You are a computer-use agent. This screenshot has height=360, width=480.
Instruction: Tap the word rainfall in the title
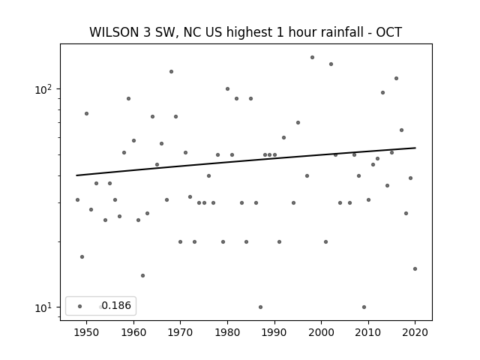tap(343, 32)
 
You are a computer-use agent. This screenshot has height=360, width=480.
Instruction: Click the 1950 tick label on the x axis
tap(86, 332)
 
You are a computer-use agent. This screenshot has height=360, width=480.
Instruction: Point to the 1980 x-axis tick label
tap(227, 332)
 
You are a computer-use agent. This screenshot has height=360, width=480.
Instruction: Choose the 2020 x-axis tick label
tap(415, 332)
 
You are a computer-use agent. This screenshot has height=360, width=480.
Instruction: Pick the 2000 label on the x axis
tap(322, 332)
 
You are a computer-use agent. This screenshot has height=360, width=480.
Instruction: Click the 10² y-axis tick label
tap(43, 89)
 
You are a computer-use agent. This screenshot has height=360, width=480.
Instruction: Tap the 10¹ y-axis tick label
tap(43, 307)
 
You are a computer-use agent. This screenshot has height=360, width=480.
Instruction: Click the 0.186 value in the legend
tap(116, 305)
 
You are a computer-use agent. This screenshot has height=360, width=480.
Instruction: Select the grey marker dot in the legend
tap(80, 306)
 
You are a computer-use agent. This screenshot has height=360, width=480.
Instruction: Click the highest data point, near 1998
tap(312, 57)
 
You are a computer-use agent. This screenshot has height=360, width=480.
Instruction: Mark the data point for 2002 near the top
tap(331, 64)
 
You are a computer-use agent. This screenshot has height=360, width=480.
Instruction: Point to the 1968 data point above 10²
tap(172, 72)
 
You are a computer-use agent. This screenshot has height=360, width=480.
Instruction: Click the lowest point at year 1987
tap(260, 307)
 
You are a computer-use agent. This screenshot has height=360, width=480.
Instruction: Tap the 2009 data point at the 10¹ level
tap(364, 307)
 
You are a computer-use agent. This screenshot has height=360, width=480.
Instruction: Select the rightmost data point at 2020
tap(415, 268)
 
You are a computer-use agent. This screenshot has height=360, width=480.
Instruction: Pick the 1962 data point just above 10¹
tap(142, 275)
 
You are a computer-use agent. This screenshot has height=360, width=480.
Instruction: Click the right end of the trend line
tap(415, 148)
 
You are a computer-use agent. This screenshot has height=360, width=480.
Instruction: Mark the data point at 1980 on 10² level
tap(227, 88)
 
